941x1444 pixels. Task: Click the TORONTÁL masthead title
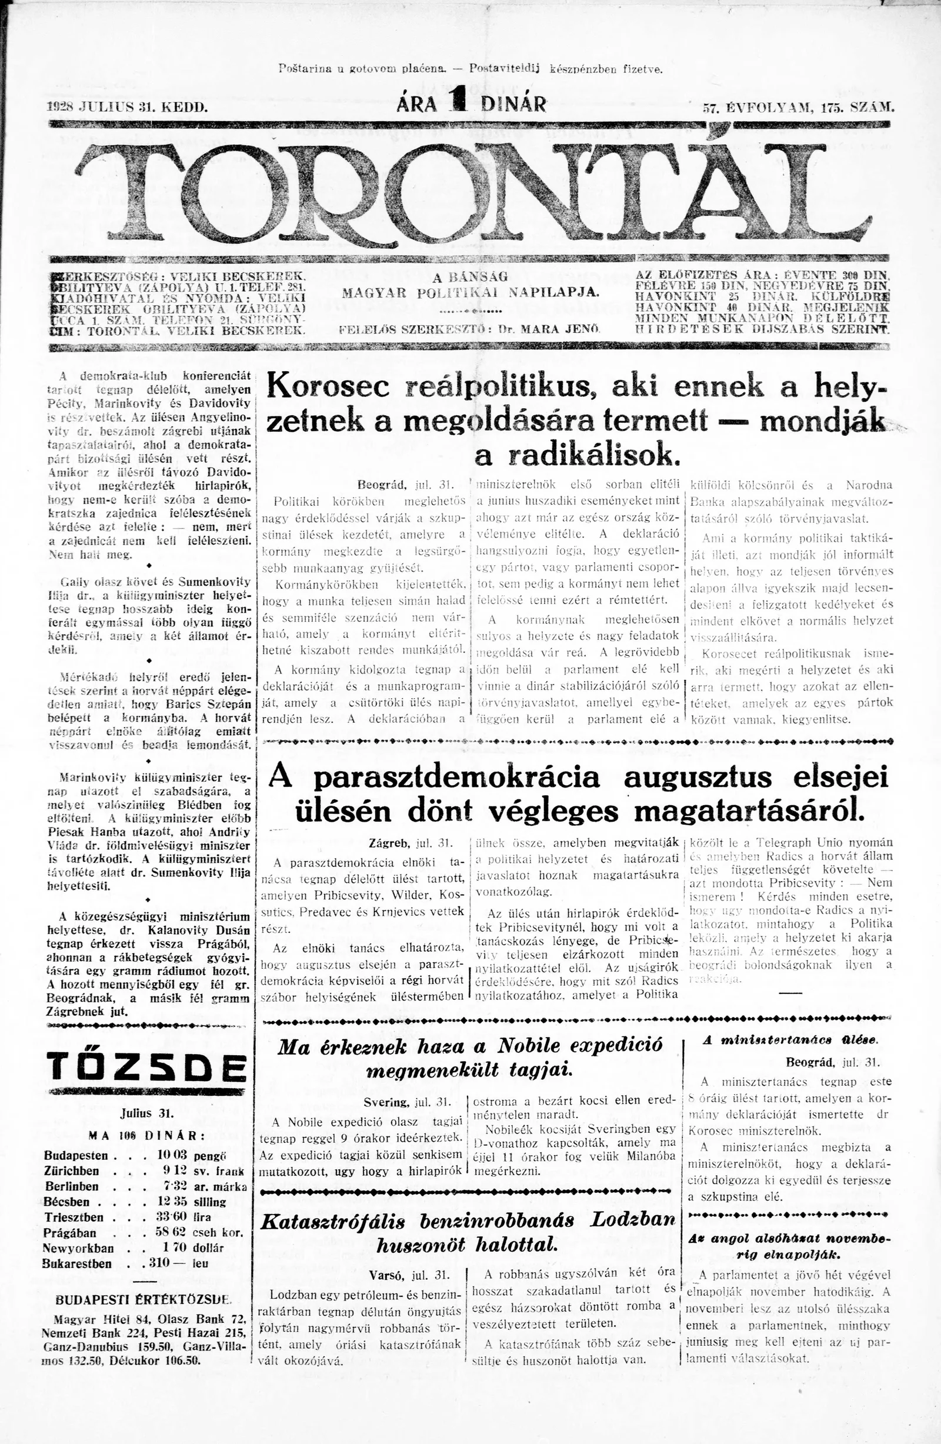[470, 191]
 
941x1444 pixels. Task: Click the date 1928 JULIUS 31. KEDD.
[128, 108]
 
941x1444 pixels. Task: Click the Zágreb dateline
[388, 844]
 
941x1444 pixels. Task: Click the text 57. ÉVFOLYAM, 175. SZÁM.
[798, 109]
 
